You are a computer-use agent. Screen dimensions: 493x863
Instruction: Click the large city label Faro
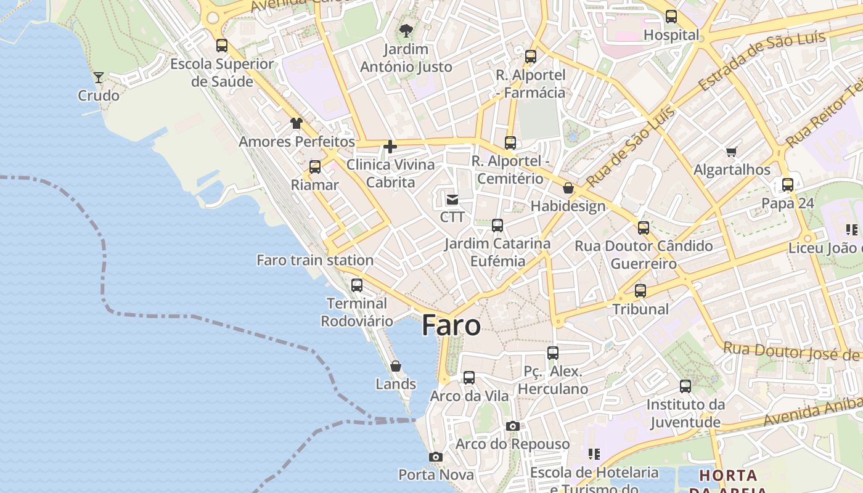(451, 326)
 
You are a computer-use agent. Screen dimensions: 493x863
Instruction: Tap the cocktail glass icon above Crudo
(99, 77)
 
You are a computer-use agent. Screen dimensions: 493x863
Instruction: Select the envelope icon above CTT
(452, 199)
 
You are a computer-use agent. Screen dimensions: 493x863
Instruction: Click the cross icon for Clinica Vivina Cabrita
(390, 147)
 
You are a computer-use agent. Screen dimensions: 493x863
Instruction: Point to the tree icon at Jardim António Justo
(406, 30)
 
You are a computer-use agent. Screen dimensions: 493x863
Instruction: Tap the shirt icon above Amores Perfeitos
(297, 123)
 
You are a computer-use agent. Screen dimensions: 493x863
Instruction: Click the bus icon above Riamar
(315, 166)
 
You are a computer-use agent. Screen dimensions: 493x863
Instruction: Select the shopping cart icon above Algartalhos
(732, 152)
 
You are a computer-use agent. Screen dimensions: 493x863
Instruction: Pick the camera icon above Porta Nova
(436, 457)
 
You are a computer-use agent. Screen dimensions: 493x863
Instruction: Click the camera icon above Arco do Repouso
(512, 426)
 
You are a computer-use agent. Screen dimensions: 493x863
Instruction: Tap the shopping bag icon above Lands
(396, 366)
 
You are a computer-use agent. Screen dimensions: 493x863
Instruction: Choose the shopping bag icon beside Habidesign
(568, 188)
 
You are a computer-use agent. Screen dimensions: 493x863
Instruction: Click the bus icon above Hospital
(671, 17)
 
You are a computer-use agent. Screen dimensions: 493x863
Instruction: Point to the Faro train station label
(315, 260)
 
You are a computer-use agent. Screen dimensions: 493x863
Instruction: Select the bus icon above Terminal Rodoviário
(357, 285)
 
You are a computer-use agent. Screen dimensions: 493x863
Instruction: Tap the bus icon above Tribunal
(640, 290)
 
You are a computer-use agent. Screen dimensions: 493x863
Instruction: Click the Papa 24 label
(788, 203)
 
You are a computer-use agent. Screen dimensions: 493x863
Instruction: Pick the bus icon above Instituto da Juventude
(685, 386)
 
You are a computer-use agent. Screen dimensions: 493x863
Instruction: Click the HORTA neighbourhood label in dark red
(728, 476)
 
